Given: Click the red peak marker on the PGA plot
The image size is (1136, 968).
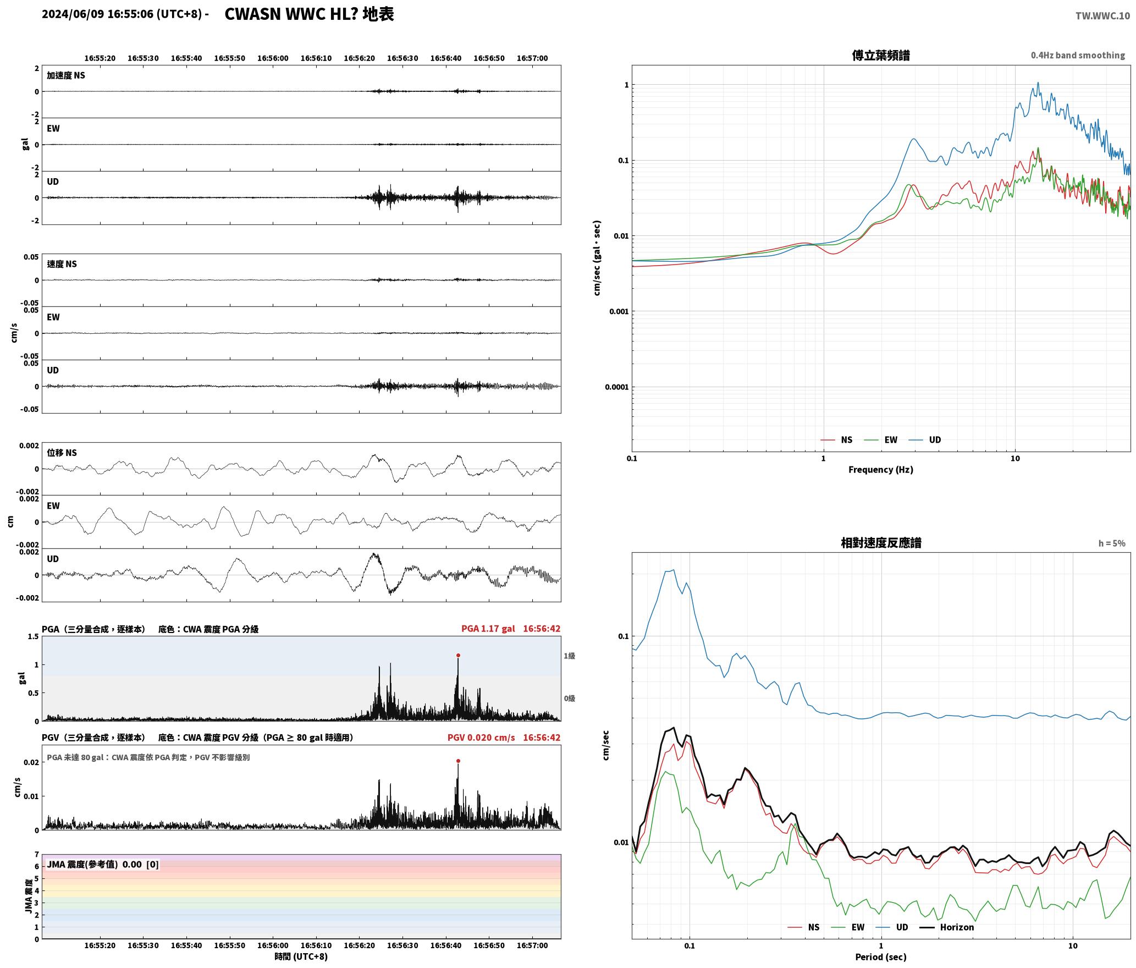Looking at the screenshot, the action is point(458,655).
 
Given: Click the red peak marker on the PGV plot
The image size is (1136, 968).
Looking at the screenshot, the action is point(458,761).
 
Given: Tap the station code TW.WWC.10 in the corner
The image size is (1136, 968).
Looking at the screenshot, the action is point(1103,16).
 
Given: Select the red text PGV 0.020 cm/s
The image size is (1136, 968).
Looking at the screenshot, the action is point(481,738).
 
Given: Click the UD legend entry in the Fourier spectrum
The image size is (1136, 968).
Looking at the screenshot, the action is point(925,439).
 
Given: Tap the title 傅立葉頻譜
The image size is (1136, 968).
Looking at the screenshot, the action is point(880,55).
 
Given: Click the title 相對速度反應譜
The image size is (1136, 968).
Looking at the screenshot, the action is point(881,543).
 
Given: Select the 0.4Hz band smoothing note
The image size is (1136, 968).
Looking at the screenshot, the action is point(1078,56).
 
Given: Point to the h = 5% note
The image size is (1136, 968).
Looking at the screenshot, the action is point(1112,543).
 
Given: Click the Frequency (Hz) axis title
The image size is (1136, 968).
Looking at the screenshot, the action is point(880,470).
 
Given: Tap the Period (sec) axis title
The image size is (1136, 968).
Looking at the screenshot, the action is point(880,957).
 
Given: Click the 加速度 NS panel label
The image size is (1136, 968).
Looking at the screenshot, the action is point(66,75).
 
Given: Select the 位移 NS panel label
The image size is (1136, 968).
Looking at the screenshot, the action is point(62,453).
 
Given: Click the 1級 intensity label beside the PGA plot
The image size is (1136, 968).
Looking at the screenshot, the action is point(569,656).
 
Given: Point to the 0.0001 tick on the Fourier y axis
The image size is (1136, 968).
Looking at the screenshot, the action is point(616,387).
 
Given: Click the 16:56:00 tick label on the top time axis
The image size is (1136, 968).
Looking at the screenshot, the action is point(273,58).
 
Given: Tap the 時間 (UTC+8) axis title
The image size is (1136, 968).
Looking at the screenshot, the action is point(301,956).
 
